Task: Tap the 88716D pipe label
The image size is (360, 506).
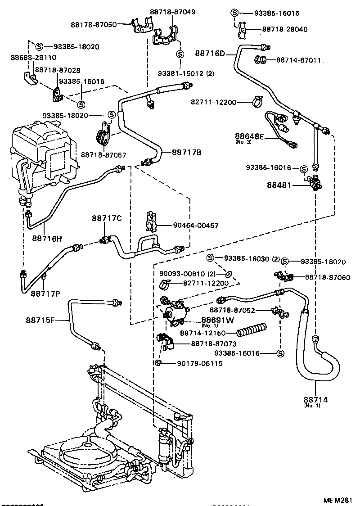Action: [210, 54]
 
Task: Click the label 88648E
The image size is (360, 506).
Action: [250, 136]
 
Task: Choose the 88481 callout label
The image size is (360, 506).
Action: [280, 185]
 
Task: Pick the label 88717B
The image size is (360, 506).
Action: [186, 152]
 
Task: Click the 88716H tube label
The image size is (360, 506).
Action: [47, 238]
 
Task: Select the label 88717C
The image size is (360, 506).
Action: [107, 218]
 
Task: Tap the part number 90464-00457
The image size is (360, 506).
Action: [196, 225]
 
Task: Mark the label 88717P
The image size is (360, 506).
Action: [45, 294]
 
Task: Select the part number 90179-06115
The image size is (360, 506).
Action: [200, 363]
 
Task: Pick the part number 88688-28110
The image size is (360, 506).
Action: [33, 58]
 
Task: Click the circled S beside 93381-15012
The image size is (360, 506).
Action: [180, 54]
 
